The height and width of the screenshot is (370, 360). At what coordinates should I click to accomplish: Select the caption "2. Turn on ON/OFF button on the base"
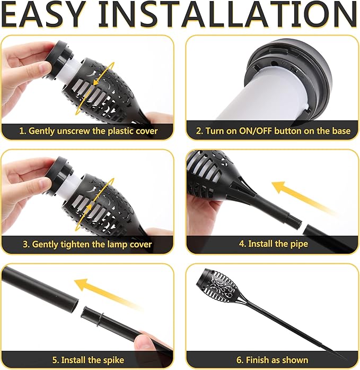(273, 130)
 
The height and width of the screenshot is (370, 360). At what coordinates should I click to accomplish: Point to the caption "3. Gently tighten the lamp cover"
(87, 245)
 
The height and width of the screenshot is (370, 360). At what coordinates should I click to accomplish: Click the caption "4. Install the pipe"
(273, 244)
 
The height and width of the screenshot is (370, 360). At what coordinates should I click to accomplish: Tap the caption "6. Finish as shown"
(273, 359)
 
